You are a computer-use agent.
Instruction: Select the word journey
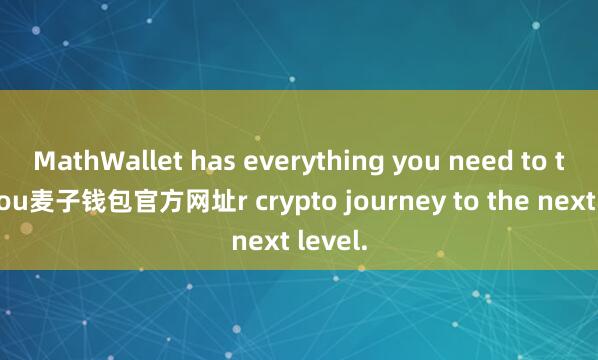[357, 202]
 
